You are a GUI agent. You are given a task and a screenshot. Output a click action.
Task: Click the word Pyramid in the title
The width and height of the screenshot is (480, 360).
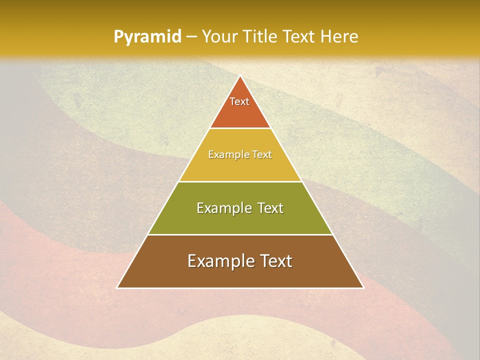pos(147,37)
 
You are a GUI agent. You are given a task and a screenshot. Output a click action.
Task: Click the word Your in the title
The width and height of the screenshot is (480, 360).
pos(219,36)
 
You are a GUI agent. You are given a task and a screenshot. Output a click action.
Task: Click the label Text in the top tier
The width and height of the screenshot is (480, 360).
pos(239,101)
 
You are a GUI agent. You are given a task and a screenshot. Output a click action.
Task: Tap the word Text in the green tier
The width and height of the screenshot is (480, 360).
pos(270,208)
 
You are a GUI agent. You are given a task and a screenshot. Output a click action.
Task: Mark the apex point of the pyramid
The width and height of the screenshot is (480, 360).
pos(240,76)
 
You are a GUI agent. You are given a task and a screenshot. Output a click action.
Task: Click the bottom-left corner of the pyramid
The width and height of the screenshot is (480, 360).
pos(117,287)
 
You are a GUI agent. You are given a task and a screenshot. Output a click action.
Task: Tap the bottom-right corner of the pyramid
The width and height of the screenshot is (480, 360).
pos(363,287)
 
